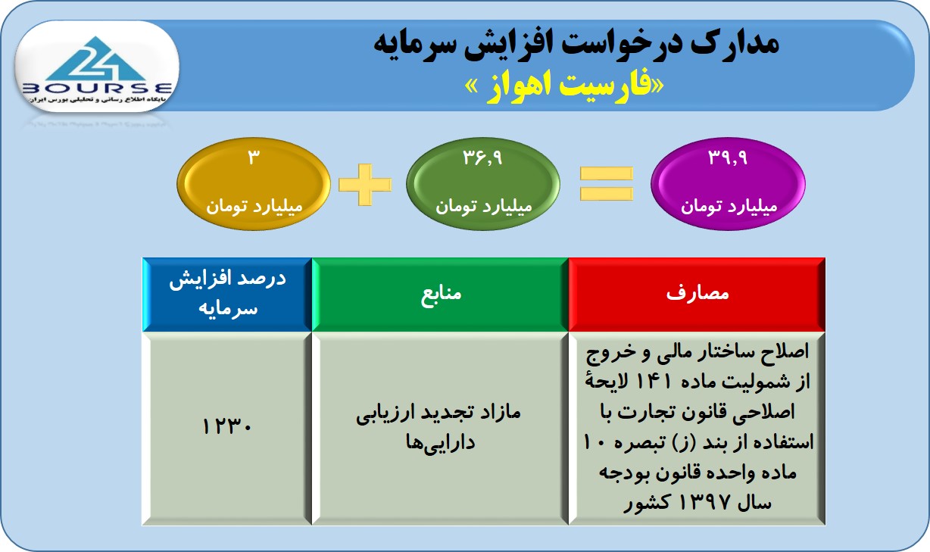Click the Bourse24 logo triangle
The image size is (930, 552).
coord(96,59)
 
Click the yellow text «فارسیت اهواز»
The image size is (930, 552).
coord(564,87)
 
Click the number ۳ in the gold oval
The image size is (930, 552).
coord(254,157)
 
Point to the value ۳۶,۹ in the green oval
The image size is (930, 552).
coord(483,157)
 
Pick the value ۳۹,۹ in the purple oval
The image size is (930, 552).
coord(728,157)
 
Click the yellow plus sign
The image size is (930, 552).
coord(365,185)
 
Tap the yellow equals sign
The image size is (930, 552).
coord(607,184)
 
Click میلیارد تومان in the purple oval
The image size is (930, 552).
coord(729,206)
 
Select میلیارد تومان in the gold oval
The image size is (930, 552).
coord(254,206)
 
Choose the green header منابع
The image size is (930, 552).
coord(441,295)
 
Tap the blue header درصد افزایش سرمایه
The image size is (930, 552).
coord(228,294)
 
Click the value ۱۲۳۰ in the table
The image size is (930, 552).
coord(226,426)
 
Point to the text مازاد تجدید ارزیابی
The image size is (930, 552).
coord(438,413)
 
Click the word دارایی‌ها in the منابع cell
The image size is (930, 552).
coord(440,443)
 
